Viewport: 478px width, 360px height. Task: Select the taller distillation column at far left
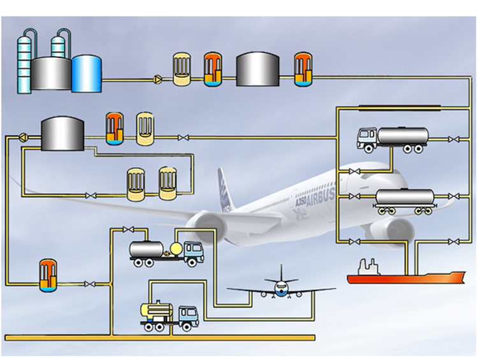(x=25, y=61)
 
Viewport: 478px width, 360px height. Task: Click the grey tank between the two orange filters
(x=257, y=69)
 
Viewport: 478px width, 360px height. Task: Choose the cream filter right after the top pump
(x=181, y=69)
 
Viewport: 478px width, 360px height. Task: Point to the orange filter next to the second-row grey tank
(x=114, y=128)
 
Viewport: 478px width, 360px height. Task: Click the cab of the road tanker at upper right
(x=366, y=138)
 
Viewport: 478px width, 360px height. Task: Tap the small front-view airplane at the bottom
(x=281, y=287)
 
